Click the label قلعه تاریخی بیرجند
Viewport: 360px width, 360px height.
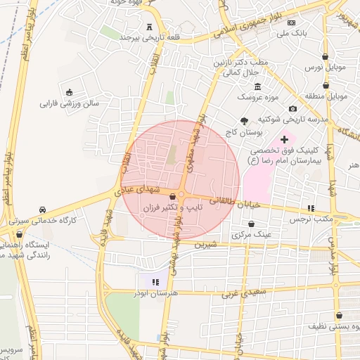141,37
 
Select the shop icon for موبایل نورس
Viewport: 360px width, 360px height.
325,56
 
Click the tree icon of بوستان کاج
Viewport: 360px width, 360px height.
244,120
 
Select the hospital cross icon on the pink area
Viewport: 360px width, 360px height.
284,140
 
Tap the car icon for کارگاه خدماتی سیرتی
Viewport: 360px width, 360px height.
43,210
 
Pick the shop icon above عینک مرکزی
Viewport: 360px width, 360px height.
251,223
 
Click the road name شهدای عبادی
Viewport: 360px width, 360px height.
144,191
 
